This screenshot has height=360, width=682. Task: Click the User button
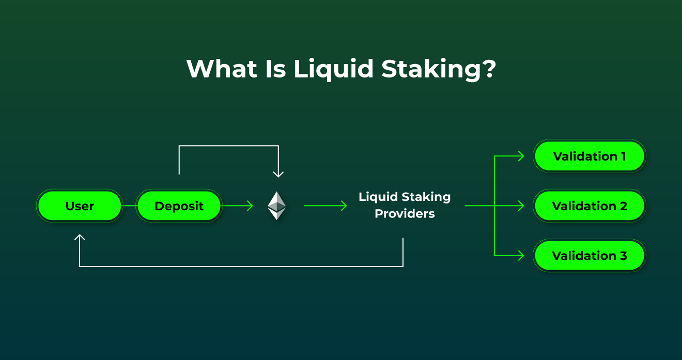(80, 206)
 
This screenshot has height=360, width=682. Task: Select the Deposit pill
(179, 206)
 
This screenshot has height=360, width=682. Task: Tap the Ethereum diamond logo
(276, 206)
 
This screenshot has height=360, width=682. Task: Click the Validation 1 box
(589, 156)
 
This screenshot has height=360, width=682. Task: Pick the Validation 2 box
(589, 206)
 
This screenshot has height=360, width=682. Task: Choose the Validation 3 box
(589, 256)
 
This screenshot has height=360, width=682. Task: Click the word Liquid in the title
(333, 69)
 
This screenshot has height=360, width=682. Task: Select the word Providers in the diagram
(405, 213)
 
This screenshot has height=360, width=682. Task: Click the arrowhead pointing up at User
(80, 238)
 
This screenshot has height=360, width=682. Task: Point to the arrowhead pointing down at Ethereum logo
(278, 174)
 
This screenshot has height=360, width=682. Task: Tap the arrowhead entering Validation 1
(521, 156)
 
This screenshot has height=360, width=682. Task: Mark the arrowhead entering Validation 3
(521, 256)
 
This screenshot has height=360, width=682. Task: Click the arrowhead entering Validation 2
(521, 206)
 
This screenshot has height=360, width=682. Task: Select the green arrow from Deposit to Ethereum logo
(238, 206)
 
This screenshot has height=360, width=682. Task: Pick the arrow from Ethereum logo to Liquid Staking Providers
(326, 206)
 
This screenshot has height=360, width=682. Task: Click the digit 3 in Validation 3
(623, 256)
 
